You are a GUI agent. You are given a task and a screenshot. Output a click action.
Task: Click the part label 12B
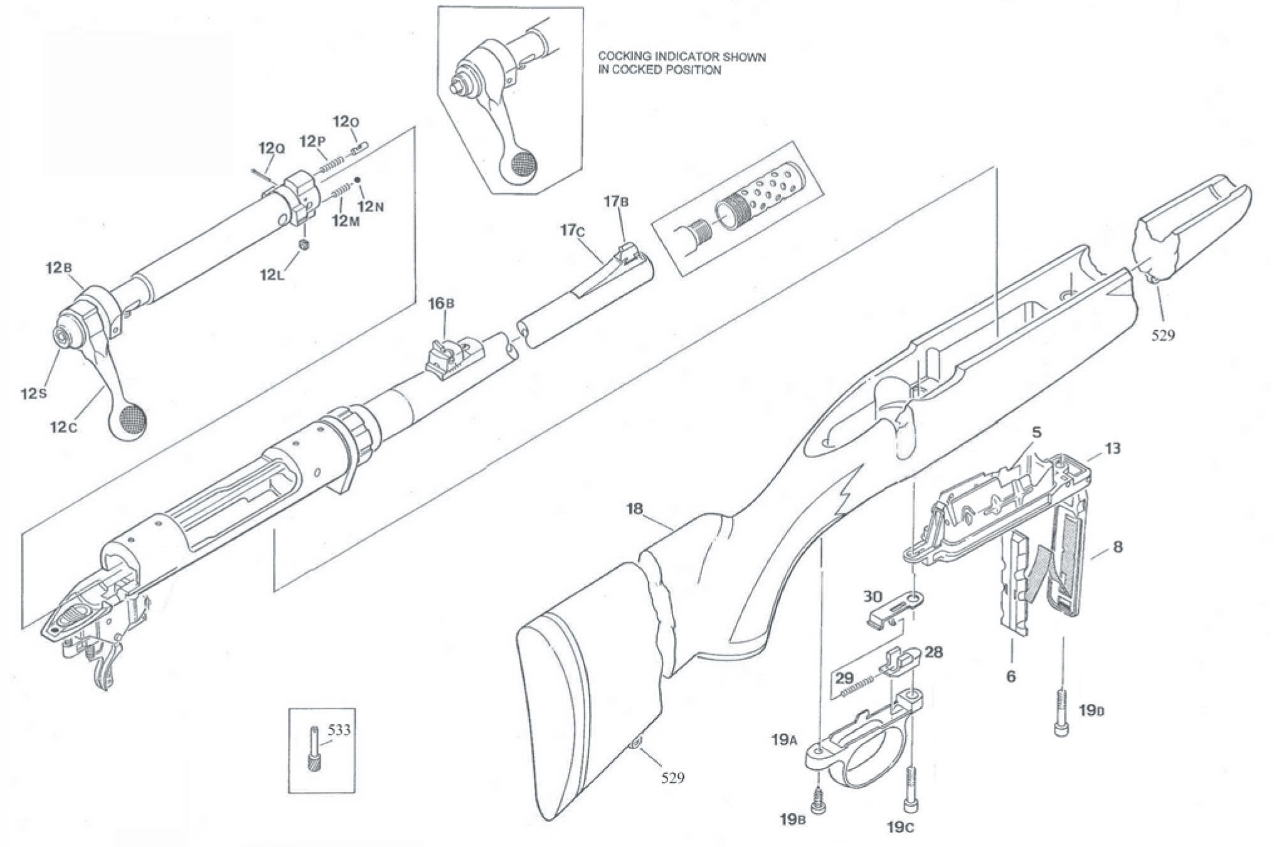[x=58, y=267]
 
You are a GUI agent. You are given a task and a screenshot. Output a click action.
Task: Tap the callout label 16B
[x=441, y=304]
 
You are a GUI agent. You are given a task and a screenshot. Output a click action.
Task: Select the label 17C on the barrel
[x=573, y=230]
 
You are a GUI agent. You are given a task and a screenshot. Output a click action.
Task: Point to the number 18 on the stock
[x=634, y=508]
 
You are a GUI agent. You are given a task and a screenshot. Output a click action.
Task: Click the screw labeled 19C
[x=910, y=790]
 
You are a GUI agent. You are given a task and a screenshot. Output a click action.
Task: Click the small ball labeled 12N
[x=358, y=181]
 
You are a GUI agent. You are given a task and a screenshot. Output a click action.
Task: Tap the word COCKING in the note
[x=620, y=57]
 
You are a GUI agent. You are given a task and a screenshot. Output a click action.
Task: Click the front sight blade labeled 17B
[x=625, y=252]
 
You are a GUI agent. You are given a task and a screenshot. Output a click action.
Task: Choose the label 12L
[x=272, y=274]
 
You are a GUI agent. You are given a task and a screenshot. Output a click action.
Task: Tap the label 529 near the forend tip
[x=1162, y=335]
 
